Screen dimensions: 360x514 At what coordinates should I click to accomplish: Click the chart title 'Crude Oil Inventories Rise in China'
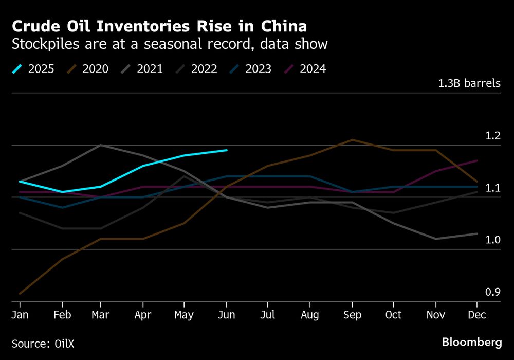point(160,26)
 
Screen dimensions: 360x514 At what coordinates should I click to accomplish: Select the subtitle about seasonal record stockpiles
point(170,44)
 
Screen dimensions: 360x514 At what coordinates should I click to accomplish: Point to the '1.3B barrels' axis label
point(469,83)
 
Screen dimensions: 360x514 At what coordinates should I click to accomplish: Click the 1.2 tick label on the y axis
point(493,136)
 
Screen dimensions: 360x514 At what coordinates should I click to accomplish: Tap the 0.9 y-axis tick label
point(493,293)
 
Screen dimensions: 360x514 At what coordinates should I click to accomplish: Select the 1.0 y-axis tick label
point(493,240)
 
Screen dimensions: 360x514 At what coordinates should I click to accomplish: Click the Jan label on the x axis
point(21,314)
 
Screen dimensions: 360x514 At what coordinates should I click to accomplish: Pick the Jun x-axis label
point(227,314)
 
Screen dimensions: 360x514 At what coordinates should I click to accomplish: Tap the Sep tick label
point(352,314)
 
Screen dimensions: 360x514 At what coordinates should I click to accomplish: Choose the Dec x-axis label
point(477,314)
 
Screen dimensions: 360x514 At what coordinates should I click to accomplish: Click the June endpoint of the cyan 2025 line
point(227,150)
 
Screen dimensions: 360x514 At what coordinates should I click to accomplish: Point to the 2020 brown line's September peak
point(352,139)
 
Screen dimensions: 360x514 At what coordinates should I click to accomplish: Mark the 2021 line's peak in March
point(101,145)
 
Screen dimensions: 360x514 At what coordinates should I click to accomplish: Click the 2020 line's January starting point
point(21,294)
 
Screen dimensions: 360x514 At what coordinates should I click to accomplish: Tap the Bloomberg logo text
point(472,342)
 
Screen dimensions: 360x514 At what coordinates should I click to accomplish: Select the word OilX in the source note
point(58,343)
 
